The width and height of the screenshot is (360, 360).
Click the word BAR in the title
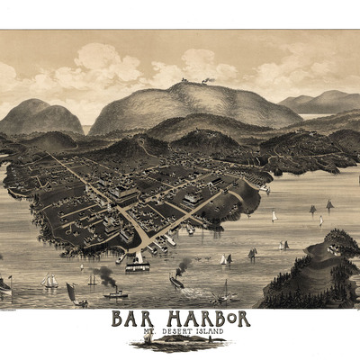[131, 319]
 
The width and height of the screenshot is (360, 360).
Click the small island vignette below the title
[181, 344]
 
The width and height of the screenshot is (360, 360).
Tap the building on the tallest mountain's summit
[208, 81]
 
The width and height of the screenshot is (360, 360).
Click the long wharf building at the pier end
[138, 265]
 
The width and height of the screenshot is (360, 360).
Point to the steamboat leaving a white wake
[176, 281]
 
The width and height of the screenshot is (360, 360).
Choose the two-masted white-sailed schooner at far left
[50, 282]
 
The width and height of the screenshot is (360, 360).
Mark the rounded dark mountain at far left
[40, 116]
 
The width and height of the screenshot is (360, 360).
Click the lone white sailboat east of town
[274, 216]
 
